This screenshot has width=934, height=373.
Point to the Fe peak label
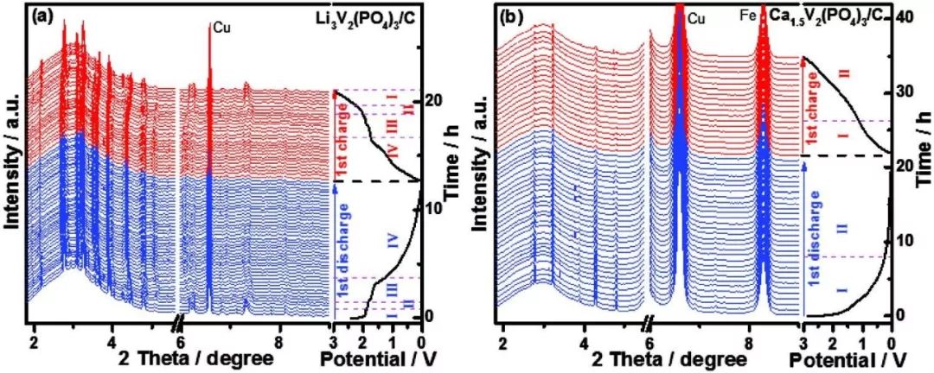pyautogui.click(x=749, y=15)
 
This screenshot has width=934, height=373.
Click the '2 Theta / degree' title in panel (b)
pyautogui.click(x=683, y=357)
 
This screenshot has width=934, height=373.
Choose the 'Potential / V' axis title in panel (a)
pyautogui.click(x=378, y=357)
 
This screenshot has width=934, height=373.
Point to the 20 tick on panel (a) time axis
pyautogui.click(x=433, y=100)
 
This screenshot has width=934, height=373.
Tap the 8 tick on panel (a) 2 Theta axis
pyautogui.click(x=278, y=340)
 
